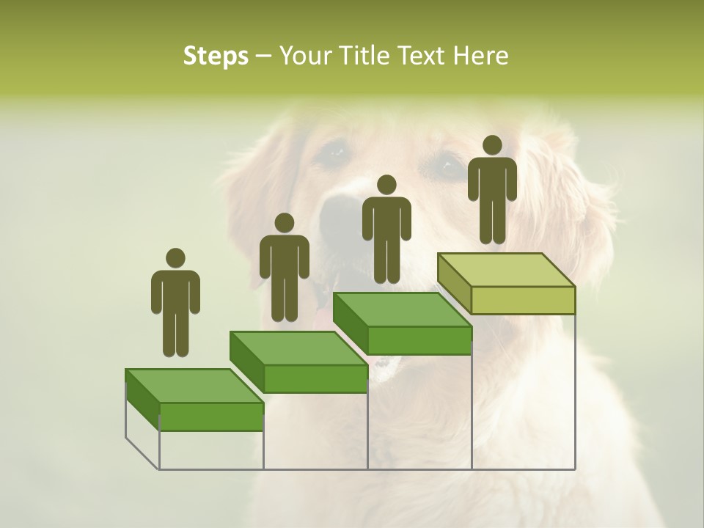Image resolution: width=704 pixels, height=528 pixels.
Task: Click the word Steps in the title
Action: [216, 56]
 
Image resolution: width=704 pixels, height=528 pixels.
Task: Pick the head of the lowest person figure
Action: [175, 258]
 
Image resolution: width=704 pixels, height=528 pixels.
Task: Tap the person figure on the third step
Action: [386, 231]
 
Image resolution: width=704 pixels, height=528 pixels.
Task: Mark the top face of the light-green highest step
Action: [506, 270]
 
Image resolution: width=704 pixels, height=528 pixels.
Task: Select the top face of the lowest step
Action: [194, 386]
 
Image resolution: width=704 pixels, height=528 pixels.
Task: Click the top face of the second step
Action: [298, 348]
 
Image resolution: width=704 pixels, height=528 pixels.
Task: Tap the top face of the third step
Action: [403, 309]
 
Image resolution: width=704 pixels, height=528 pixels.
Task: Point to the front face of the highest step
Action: [523, 300]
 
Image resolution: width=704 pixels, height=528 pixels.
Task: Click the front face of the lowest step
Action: [211, 417]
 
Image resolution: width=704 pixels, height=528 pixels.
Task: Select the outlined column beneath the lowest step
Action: [211, 450]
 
